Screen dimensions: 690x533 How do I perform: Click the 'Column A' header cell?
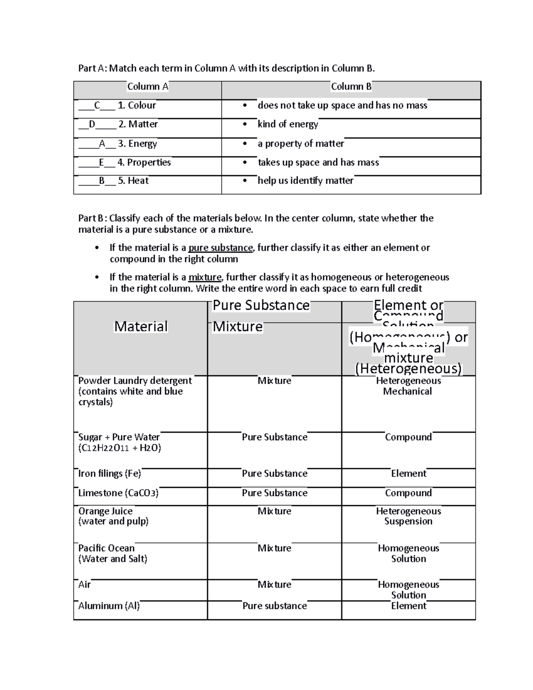[x=147, y=87]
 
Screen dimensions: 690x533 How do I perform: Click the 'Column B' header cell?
[x=351, y=87]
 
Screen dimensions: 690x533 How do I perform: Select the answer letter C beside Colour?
[x=97, y=105]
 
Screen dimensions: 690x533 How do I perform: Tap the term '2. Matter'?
[x=138, y=124]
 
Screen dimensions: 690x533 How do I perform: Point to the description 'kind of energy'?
[x=288, y=124]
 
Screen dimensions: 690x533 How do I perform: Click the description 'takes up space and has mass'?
[x=318, y=163]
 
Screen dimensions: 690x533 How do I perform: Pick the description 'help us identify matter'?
[x=306, y=181]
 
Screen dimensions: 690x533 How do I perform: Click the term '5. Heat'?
[x=133, y=181]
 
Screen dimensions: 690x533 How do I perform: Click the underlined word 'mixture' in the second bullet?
[x=205, y=277]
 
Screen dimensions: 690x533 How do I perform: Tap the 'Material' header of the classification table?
[x=141, y=327]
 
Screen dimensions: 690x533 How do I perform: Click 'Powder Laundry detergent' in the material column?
[x=135, y=381]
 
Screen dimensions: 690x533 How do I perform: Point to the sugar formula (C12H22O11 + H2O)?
[x=119, y=448]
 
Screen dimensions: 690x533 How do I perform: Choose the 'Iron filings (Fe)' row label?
[x=110, y=474]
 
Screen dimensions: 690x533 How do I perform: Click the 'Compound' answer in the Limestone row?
[x=408, y=493]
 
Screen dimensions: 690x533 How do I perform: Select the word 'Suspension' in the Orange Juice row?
[x=408, y=522]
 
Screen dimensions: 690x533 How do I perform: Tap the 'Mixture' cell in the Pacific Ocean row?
[x=274, y=548]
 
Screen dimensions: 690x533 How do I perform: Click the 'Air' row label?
[x=84, y=585]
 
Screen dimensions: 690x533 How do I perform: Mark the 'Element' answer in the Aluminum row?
[x=409, y=606]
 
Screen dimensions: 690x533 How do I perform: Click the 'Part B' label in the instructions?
[x=91, y=218]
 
